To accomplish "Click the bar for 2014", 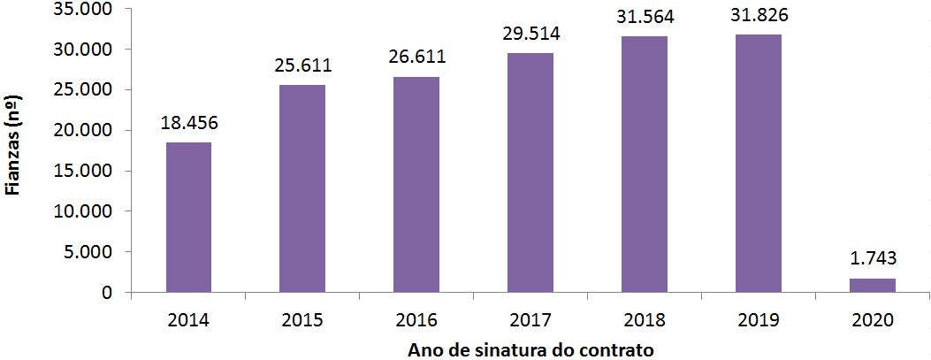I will click(x=187, y=217).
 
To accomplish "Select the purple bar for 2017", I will click(x=530, y=172).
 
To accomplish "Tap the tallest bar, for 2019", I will click(x=759, y=164).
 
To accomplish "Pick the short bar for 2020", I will click(x=873, y=285).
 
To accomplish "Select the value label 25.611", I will click(x=301, y=66).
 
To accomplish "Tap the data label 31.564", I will click(x=645, y=18).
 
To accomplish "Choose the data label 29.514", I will click(x=530, y=34).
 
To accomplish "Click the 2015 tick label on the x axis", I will click(x=301, y=319).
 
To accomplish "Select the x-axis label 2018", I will click(x=645, y=319).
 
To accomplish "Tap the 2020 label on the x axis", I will click(x=873, y=319).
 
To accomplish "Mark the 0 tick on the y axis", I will click(x=108, y=293).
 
